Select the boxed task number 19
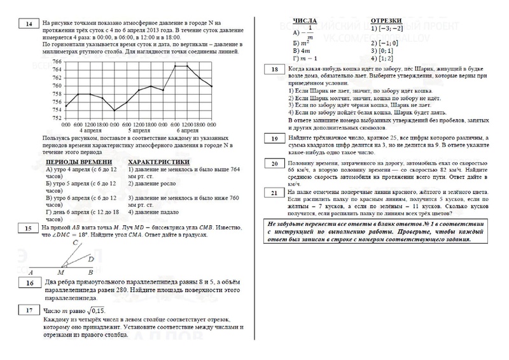[273, 139]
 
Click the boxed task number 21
[273, 193]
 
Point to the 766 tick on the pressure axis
[57, 62]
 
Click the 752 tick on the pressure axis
[57, 118]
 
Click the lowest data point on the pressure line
[115, 110]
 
